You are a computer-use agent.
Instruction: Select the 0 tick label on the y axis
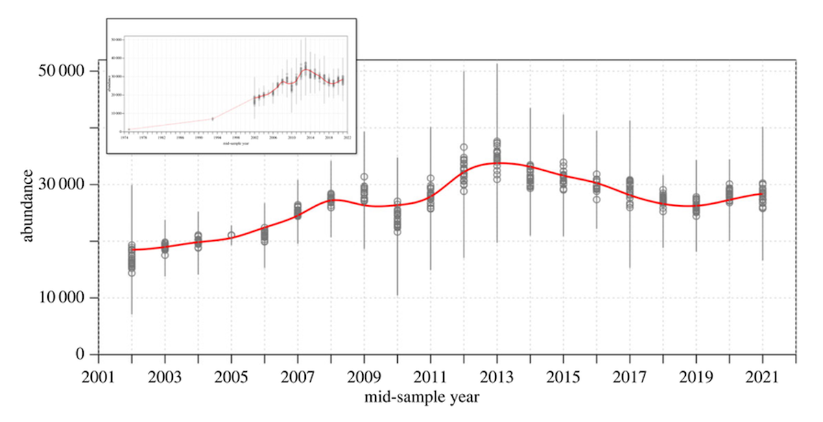(x=80, y=355)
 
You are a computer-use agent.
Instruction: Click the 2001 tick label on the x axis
(x=98, y=378)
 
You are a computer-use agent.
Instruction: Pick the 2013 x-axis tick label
(x=497, y=378)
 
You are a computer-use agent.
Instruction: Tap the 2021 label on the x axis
(x=763, y=378)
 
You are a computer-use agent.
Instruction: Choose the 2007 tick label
(x=298, y=378)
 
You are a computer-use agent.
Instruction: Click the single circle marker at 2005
(x=231, y=235)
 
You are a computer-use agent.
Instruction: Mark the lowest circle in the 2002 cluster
(x=132, y=273)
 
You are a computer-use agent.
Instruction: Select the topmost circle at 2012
(x=464, y=148)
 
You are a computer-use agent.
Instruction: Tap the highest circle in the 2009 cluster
(x=364, y=178)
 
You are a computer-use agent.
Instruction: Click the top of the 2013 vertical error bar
(x=497, y=64)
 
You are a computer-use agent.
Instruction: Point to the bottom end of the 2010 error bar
(x=397, y=295)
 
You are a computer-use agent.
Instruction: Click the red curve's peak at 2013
(x=497, y=163)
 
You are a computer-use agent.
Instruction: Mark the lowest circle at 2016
(x=597, y=200)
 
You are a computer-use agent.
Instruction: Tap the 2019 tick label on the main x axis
(x=696, y=378)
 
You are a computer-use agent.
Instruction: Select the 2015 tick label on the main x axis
(x=564, y=378)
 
